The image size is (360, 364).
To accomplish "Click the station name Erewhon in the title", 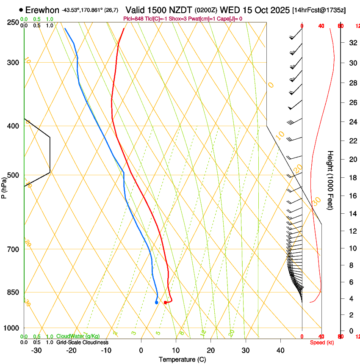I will coord(42,10).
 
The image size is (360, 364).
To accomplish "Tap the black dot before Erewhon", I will coord(21,10).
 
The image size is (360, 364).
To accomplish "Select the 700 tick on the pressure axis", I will coord(13,249).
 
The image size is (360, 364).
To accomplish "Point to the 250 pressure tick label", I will coord(13,22).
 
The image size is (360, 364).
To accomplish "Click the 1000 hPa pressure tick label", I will coord(11,328).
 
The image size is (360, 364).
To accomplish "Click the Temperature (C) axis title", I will coord(182,359).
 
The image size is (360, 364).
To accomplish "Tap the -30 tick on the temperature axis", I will coord(36,350).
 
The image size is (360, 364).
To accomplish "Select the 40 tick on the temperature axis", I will coord(280,350).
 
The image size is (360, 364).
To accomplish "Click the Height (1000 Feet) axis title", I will coord(331,180).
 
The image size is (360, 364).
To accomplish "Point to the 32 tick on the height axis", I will coord(352,43).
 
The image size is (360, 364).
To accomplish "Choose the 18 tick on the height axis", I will coord(352,178).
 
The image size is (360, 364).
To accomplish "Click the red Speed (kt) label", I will coord(322,342).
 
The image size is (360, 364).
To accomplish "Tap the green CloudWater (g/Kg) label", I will coord(78,336).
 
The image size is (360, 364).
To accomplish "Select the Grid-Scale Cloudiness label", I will coord(82,342).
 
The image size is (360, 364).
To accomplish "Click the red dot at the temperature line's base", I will coord(165,302).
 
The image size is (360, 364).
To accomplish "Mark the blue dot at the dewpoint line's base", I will coord(157,302).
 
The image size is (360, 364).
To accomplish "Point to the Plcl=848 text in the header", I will coord(133,19).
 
